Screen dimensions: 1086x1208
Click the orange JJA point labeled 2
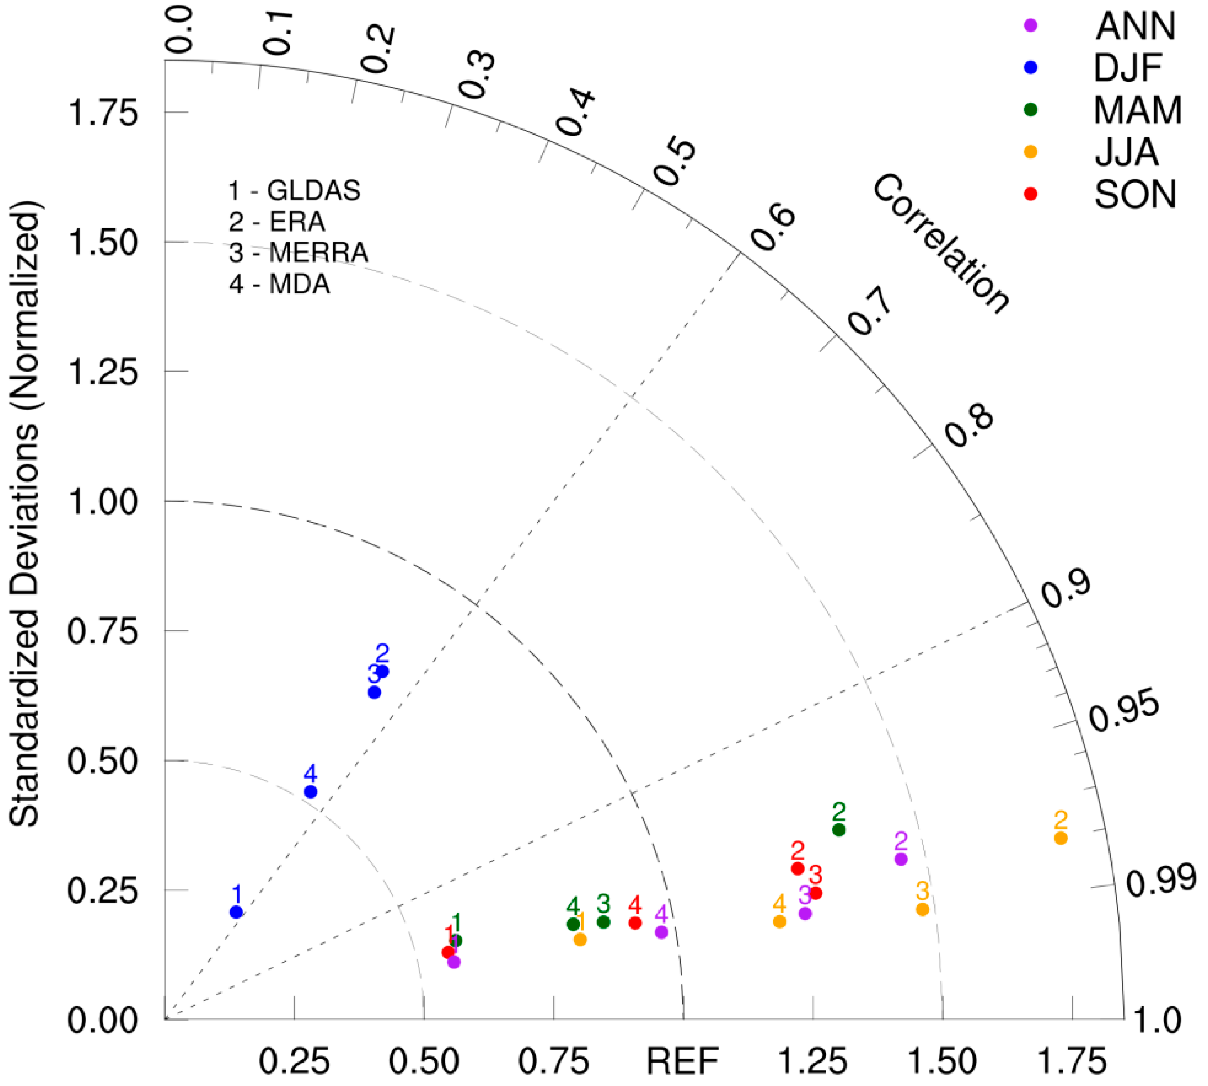1060,838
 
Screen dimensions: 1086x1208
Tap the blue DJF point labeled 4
310,792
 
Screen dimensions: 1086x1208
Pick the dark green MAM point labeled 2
839,830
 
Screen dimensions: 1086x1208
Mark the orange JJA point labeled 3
922,909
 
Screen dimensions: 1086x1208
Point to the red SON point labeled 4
636,923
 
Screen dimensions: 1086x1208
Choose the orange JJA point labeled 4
779,922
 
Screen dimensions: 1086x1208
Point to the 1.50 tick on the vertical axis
103,242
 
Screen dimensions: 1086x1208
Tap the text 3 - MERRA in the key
298,252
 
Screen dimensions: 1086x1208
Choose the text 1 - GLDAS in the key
294,190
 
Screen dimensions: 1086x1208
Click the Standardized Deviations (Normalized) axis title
25,513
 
